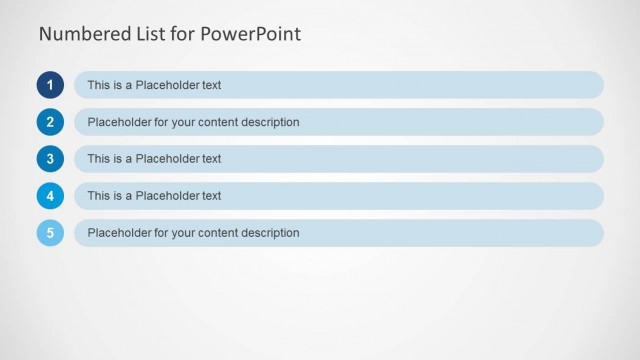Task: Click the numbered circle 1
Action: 50,85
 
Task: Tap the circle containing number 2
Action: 50,122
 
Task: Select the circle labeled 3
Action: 50,159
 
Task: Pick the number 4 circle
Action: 50,196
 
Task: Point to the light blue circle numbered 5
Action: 50,233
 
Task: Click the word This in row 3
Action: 98,159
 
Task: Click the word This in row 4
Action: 98,196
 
